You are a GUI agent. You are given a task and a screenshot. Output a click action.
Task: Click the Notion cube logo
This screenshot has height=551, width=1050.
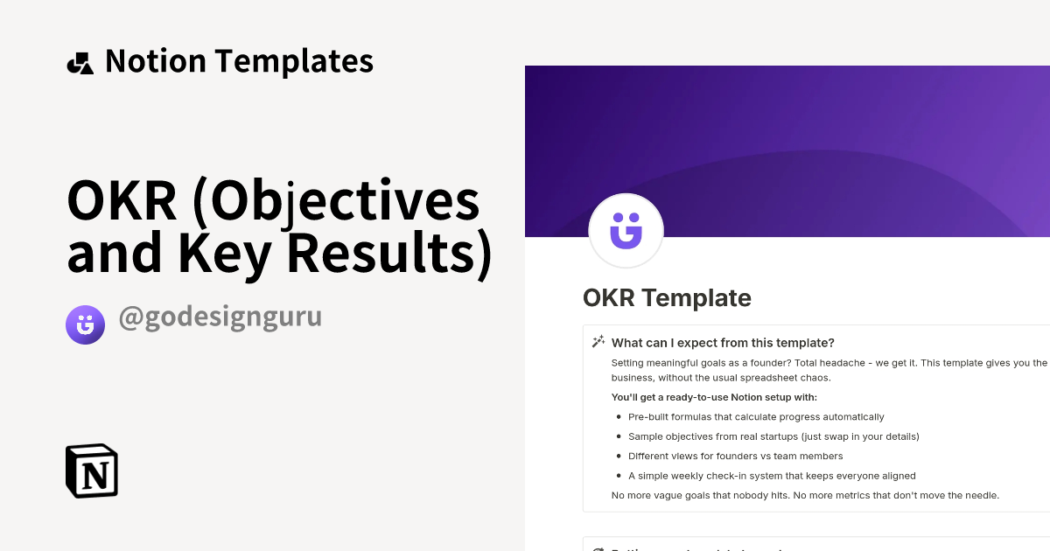point(92,471)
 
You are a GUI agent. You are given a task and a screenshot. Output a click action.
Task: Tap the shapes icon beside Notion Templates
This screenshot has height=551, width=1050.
point(80,63)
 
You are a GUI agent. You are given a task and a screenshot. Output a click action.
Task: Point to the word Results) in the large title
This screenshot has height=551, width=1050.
point(389,253)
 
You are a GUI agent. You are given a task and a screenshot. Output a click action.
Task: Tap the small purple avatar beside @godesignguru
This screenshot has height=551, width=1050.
point(85,324)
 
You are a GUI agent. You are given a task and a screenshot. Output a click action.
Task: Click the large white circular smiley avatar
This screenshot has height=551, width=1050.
point(626,230)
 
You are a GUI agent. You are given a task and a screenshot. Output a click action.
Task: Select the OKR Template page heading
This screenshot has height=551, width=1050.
point(667,298)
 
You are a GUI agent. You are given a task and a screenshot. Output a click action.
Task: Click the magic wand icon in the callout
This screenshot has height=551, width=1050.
point(598,342)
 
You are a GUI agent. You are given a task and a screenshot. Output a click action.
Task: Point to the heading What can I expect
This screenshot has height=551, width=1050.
point(723,342)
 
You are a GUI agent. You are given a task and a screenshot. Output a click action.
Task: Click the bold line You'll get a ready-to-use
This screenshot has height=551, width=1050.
point(714,397)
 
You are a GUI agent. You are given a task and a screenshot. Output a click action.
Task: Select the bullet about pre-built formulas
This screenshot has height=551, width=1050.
point(756,417)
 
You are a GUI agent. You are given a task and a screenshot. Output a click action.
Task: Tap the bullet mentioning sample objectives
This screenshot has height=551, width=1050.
point(773,436)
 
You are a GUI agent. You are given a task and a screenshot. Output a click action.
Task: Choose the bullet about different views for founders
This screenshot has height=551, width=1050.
point(735,457)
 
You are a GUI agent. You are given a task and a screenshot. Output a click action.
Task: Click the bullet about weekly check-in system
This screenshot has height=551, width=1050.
point(772,476)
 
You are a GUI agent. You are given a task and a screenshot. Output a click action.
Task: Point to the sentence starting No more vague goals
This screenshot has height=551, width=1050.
point(805,496)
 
